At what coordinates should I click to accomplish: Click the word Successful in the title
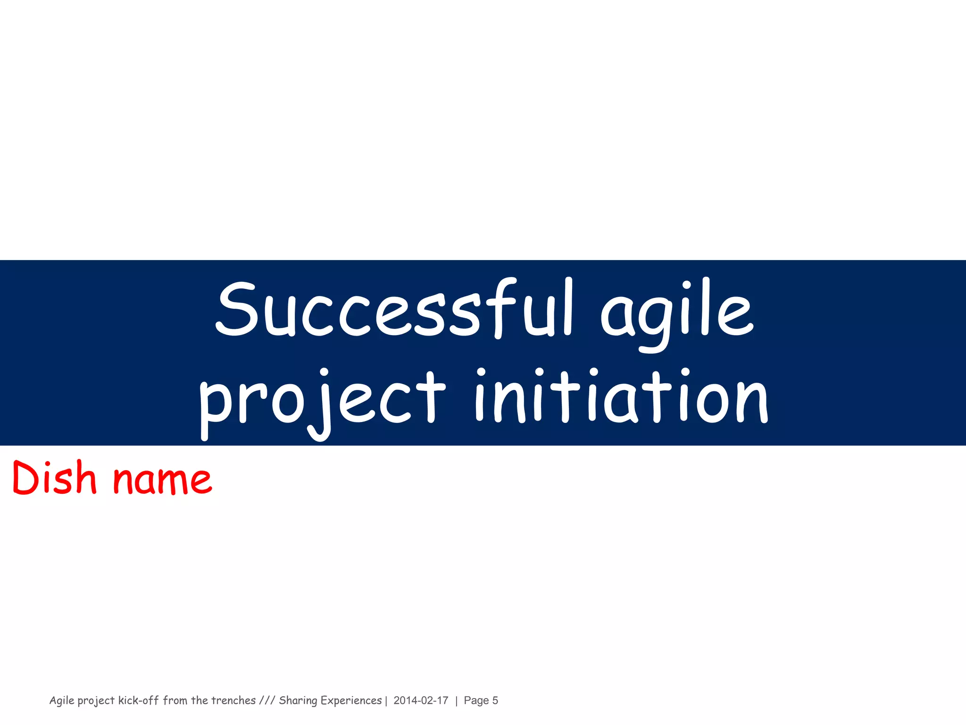coord(394,309)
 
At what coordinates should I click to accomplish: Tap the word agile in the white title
coord(677,312)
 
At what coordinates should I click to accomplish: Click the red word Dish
coord(54,478)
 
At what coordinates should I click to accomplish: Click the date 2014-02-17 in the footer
coord(421,700)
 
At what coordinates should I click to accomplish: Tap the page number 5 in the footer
coord(495,700)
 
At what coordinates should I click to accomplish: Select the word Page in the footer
coord(476,700)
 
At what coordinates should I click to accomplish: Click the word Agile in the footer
coord(62,700)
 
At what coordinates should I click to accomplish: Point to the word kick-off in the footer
coord(138,700)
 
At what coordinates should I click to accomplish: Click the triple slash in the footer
coord(267,700)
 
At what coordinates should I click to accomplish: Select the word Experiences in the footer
coord(351,700)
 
